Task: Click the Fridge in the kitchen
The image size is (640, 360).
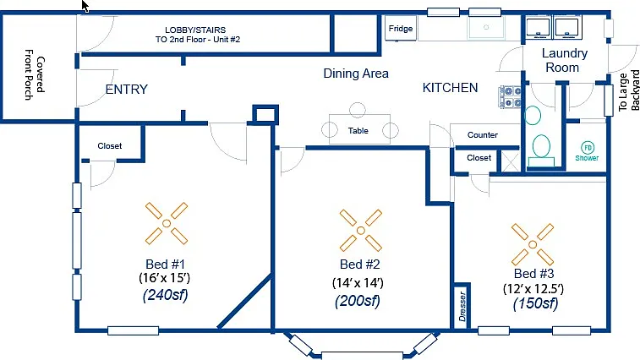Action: click(401, 28)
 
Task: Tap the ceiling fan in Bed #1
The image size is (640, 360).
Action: click(167, 223)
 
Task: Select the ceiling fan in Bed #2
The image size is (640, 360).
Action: click(361, 231)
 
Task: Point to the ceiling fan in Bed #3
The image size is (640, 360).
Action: click(533, 244)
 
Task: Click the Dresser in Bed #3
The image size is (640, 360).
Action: click(462, 306)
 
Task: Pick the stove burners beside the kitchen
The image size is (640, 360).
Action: click(510, 97)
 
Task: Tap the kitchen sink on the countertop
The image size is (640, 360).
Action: click(486, 27)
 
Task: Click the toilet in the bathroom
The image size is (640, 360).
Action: click(541, 150)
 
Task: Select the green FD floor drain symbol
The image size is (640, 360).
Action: click(588, 147)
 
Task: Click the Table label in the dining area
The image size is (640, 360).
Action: click(358, 131)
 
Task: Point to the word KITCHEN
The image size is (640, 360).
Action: click(451, 88)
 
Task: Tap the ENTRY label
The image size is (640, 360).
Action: click(127, 90)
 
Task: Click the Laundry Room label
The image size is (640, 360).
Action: click(564, 60)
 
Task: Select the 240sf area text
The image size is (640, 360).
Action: click(166, 295)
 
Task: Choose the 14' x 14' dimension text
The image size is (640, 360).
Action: click(358, 283)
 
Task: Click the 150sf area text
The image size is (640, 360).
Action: click(535, 303)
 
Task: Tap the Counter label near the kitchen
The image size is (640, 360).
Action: click(483, 134)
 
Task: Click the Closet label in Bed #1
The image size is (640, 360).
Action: click(109, 145)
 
